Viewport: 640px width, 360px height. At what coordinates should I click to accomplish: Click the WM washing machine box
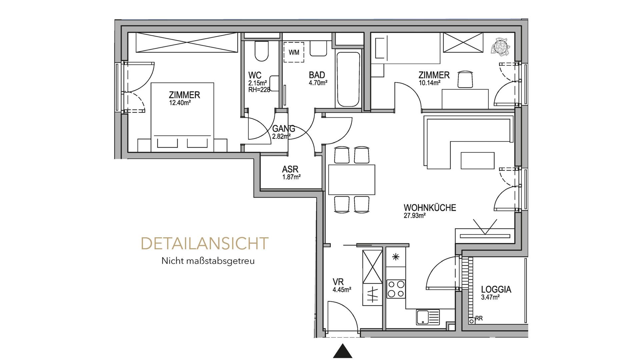pos(294,52)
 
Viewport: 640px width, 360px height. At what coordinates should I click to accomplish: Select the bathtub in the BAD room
pos(348,79)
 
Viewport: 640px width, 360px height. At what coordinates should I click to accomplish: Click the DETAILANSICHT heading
pos(205,244)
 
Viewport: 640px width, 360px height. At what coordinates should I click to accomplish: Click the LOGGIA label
pos(496,289)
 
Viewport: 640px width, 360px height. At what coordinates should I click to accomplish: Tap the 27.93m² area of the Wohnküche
pos(415,216)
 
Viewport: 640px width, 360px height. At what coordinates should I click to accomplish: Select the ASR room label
pos(290,169)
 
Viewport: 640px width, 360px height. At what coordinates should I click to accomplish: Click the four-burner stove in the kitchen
pos(396,289)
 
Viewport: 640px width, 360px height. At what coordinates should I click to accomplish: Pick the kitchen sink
pos(428,317)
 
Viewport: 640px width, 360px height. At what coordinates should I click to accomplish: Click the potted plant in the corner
pos(501,46)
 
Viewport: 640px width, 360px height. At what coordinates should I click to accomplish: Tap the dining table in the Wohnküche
pos(352,179)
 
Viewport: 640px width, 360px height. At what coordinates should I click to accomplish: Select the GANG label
pos(284,129)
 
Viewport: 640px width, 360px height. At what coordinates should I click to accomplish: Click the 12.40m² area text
pos(180,103)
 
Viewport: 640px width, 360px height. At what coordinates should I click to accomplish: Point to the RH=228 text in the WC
pos(259,89)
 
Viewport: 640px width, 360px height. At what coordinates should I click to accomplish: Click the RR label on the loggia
pos(479,318)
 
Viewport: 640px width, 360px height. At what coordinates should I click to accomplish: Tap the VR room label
pos(338,282)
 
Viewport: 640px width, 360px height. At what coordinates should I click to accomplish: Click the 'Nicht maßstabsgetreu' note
pos(208,261)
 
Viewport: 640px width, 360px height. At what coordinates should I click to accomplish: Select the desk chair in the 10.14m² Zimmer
pos(465,79)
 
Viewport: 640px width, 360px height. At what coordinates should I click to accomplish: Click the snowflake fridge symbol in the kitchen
pos(396,257)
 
